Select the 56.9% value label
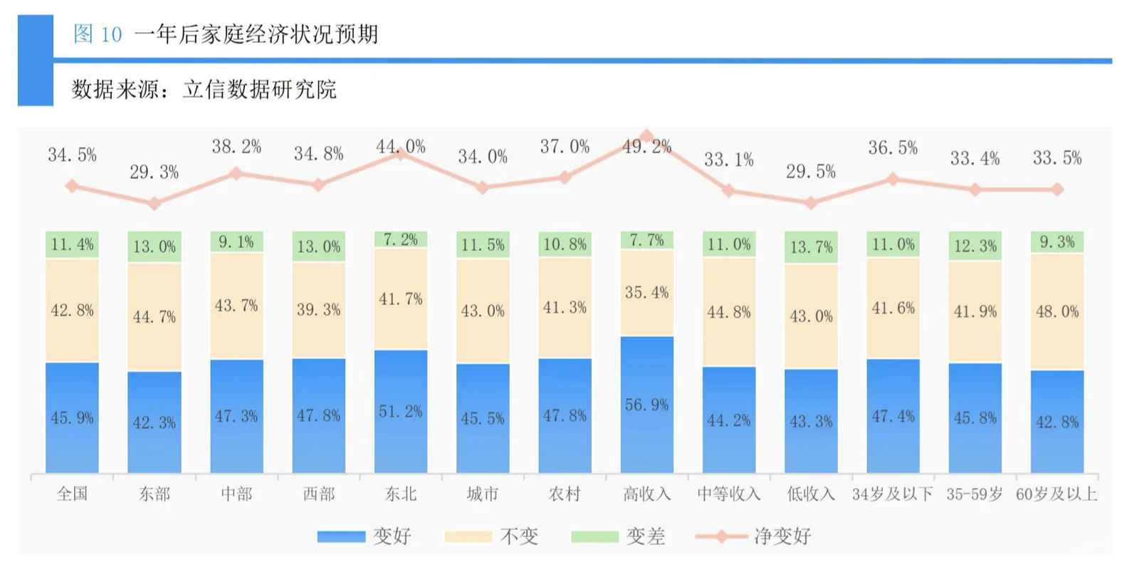coord(646,405)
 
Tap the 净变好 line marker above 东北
coord(401,153)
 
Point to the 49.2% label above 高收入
coord(646,147)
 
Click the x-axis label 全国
coord(72,494)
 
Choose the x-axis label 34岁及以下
coord(892,494)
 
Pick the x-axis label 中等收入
coord(728,494)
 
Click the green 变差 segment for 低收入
coord(811,247)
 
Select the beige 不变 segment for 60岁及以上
coord(1057,311)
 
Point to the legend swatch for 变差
coord(594,536)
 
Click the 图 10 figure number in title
coord(98,34)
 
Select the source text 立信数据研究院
coord(259,90)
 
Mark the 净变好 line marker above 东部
coord(154,204)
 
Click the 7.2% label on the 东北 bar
coord(401,240)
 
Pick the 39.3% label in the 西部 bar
coord(318,310)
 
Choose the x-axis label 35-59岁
coord(975,494)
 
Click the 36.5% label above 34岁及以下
coord(892,148)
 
